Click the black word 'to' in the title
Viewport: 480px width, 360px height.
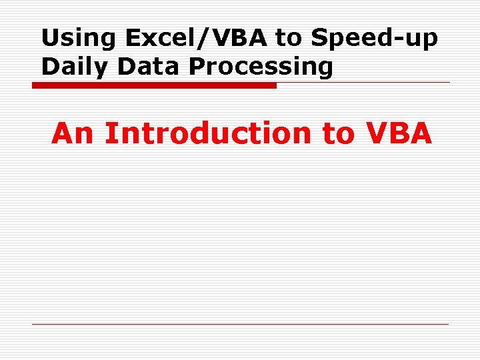pos(289,39)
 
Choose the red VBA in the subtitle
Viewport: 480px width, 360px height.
pos(399,133)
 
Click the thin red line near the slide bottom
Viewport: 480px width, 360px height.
pos(240,325)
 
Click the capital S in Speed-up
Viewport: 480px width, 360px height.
pos(319,39)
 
